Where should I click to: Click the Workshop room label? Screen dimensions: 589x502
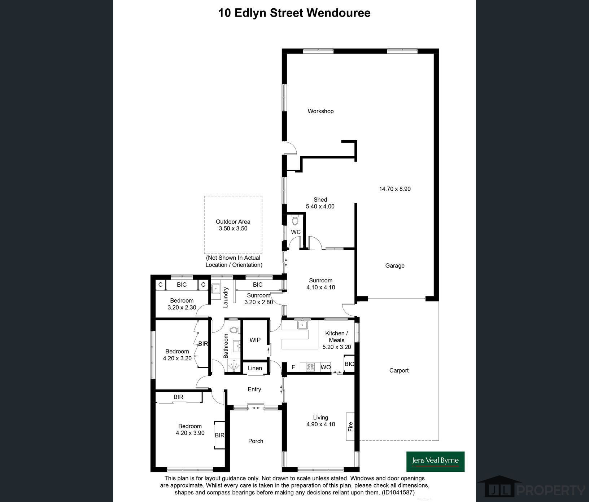point(320,111)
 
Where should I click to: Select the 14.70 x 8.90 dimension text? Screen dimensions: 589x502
point(395,189)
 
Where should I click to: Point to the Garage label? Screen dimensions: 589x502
point(395,265)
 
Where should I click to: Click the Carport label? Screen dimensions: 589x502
point(399,370)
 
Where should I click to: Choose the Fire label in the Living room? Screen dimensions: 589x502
point(350,427)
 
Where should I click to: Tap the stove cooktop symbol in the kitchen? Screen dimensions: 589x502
point(310,367)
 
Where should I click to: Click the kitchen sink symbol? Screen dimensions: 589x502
point(302,325)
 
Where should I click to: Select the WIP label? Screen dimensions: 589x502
point(255,340)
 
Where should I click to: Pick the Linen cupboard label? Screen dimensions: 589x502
point(255,368)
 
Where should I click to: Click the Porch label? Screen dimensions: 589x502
point(256,441)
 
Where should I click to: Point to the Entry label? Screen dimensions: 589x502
point(254,389)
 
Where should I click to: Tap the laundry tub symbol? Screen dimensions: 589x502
point(216,289)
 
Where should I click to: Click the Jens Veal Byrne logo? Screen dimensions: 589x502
point(436,462)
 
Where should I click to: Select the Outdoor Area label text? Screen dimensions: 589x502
point(233,222)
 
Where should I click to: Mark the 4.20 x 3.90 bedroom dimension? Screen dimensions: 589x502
point(190,433)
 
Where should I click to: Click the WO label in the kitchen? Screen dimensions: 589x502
point(326,367)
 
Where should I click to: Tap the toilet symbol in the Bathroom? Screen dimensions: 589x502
point(235,330)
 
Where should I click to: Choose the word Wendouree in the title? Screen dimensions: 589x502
point(339,13)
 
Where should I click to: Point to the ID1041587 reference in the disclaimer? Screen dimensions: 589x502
point(399,492)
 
